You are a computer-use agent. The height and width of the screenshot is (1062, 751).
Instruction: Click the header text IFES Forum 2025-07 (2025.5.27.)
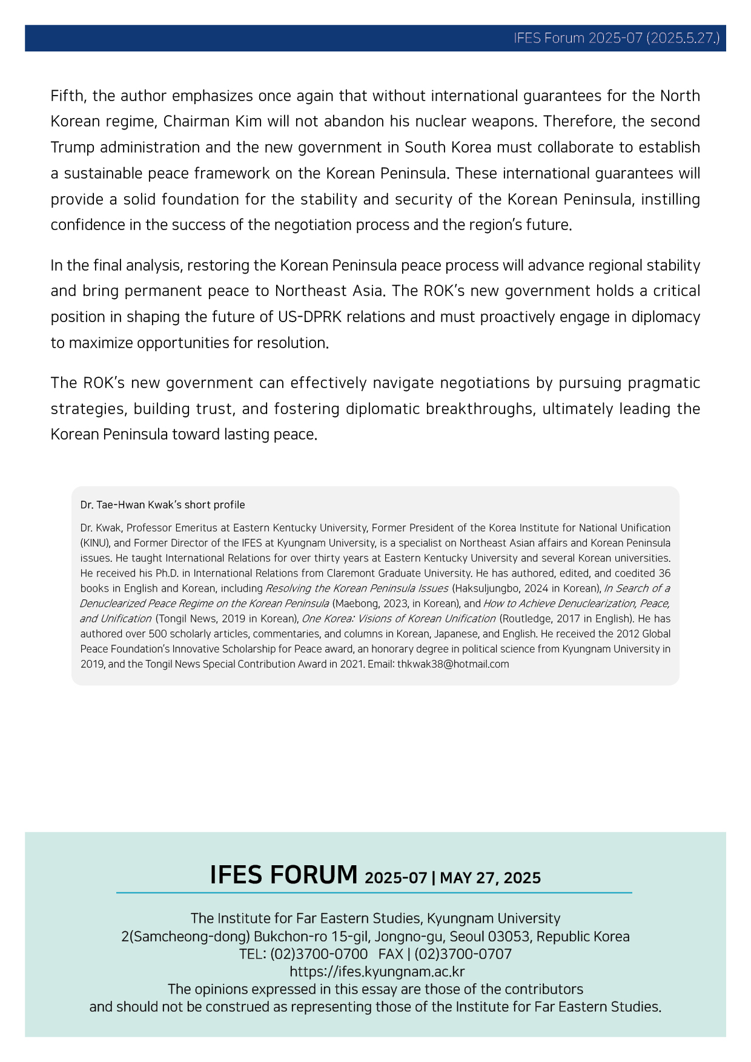tap(616, 38)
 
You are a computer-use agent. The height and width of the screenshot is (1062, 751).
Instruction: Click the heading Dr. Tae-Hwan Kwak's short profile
tap(162, 505)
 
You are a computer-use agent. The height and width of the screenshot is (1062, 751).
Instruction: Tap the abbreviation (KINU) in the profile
tap(94, 543)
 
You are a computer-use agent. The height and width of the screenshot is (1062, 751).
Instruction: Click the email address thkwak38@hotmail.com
tap(452, 664)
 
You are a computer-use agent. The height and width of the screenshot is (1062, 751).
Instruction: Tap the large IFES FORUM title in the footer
tap(283, 875)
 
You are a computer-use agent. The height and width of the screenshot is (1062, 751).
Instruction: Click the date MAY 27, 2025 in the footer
tap(490, 878)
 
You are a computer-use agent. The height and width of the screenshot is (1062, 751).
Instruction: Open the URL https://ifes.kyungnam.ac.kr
tap(377, 972)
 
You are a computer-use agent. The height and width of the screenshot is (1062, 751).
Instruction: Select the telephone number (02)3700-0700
tap(319, 954)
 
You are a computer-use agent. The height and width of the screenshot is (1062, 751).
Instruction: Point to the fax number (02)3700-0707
tap(463, 954)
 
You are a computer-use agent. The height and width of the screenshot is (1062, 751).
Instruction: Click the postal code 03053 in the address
tap(509, 937)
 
